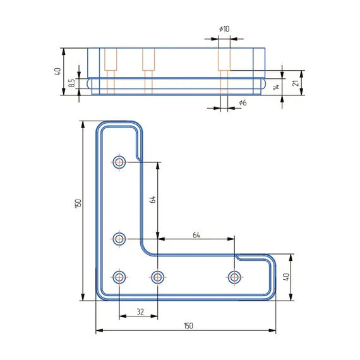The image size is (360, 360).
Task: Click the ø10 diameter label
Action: point(224,29)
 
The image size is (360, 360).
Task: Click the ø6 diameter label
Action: point(243,102)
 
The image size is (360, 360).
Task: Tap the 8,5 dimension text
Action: point(71,83)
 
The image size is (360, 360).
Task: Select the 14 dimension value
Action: point(276,87)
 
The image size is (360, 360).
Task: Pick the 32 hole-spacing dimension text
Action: point(140,311)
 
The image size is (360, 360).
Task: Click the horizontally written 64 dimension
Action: point(196,235)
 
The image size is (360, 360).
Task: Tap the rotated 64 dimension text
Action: point(152,200)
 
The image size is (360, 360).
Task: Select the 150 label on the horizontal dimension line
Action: point(188,326)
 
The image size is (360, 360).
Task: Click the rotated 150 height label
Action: point(78,203)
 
